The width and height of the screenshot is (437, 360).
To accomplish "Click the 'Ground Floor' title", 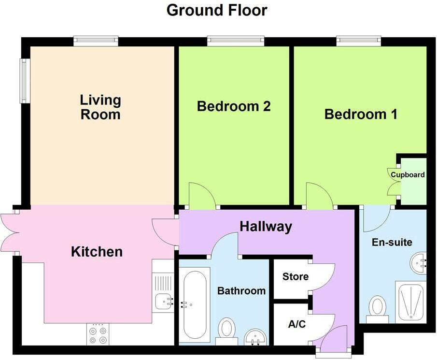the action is click(217, 10).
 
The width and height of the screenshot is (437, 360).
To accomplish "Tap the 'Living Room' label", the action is click(100, 107).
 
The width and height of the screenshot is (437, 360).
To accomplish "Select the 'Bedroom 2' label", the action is click(234, 106).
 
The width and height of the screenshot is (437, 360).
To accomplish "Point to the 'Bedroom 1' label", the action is click(361, 115).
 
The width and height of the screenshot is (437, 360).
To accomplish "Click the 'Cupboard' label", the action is click(408, 175).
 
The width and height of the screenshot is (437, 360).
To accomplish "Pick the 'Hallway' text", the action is click(266, 227).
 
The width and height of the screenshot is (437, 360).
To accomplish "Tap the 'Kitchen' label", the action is click(97, 252).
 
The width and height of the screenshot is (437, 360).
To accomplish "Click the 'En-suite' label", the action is click(392, 242).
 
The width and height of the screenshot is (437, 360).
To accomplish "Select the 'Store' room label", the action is click(296, 276).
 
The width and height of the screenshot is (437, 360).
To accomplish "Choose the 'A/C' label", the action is click(297, 324).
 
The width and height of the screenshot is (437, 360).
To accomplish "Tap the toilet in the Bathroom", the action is click(226, 331).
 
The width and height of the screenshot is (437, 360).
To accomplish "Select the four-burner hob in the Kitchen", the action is click(98, 334).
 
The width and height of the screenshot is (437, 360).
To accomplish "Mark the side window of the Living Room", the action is click(25, 81).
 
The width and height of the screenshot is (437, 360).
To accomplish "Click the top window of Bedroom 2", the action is click(236, 41).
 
